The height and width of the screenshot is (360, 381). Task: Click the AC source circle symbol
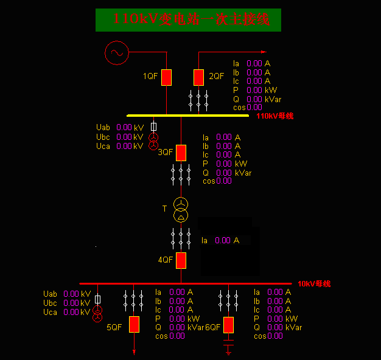pyautogui.click(x=117, y=53)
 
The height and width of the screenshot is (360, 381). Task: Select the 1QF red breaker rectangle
pyautogui.click(x=166, y=77)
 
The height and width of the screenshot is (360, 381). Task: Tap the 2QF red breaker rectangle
pyautogui.click(x=198, y=77)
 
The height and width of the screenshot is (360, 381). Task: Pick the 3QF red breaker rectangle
pyautogui.click(x=181, y=153)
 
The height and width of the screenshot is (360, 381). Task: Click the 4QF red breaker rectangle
pyautogui.click(x=181, y=260)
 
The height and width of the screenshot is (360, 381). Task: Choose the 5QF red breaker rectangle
pyautogui.click(x=134, y=325)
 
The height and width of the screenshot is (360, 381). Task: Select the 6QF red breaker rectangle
pyautogui.click(x=228, y=325)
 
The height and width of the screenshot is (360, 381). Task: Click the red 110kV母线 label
pyautogui.click(x=274, y=116)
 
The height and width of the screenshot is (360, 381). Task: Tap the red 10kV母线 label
pyautogui.click(x=314, y=284)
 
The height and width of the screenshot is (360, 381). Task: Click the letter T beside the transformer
pyautogui.click(x=164, y=209)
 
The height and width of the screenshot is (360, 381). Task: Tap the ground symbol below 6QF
pyautogui.click(x=228, y=348)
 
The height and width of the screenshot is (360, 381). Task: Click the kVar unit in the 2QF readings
pyautogui.click(x=273, y=99)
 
